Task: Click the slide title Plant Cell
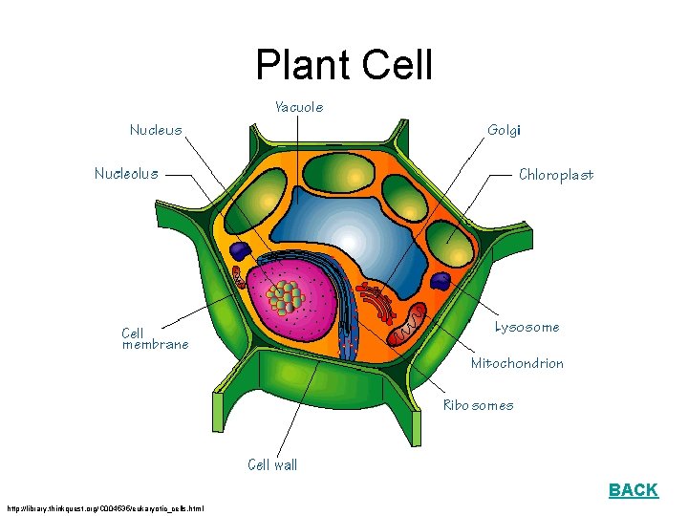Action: point(344,65)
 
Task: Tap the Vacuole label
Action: point(299,107)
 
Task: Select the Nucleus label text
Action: point(156,129)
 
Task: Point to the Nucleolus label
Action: point(126,174)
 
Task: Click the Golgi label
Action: point(504,129)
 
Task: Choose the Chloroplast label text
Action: point(555,175)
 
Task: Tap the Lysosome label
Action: point(527,327)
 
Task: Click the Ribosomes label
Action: point(478,405)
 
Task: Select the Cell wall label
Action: point(272,465)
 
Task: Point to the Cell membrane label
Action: point(155,339)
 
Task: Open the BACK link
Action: point(633,490)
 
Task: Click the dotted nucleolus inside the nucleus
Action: point(285,297)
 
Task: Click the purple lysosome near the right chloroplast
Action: point(441,281)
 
